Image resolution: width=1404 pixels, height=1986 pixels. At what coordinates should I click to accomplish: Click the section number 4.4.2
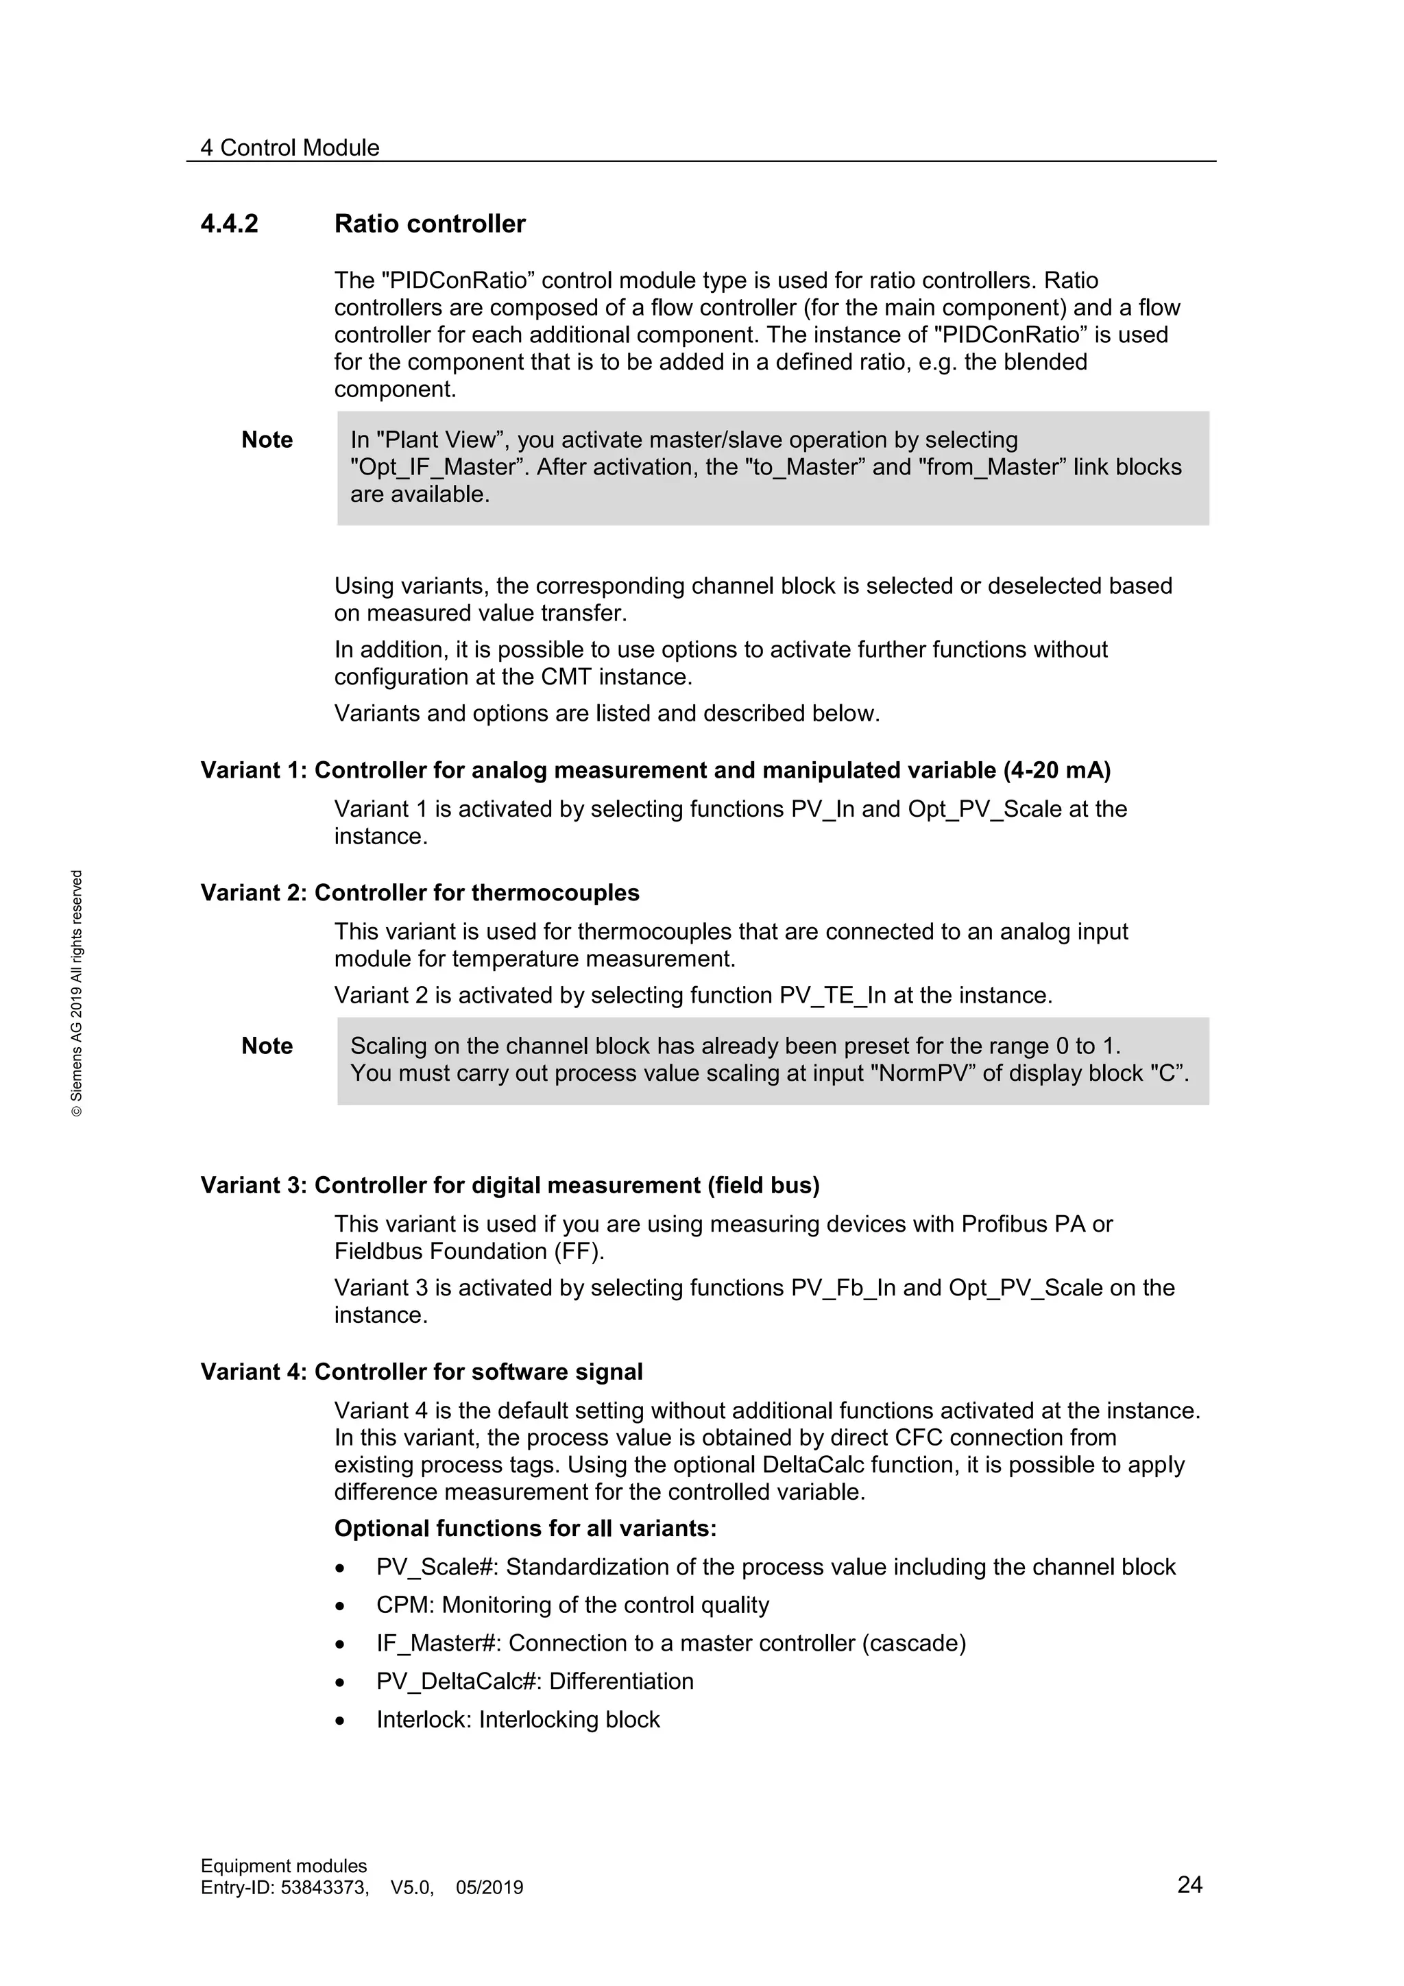pos(229,224)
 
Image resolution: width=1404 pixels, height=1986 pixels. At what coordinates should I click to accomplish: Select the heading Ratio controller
pos(430,224)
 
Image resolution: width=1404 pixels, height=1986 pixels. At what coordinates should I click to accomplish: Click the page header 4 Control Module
pos(289,148)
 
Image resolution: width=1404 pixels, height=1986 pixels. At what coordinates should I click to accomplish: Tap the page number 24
pos(1189,1885)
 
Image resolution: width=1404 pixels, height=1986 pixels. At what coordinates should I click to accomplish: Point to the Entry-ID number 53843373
pos(324,1887)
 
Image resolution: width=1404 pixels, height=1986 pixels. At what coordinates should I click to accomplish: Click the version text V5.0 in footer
pos(411,1887)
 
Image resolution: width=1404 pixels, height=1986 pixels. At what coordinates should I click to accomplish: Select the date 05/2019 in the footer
pos(489,1887)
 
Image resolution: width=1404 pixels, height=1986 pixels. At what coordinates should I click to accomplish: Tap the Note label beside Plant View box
pos(267,440)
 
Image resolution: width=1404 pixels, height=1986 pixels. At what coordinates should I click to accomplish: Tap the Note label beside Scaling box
pos(267,1046)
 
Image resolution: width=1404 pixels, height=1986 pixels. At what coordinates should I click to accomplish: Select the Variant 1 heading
pos(655,771)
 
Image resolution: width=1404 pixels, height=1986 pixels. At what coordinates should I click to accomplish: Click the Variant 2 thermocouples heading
pos(420,894)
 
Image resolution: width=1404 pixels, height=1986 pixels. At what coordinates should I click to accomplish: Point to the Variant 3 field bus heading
pos(510,1186)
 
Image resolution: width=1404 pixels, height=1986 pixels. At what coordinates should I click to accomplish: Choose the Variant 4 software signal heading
pos(422,1373)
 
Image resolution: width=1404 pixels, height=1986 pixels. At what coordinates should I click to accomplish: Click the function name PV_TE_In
pos(832,996)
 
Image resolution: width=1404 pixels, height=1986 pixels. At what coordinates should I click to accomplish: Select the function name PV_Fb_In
pos(843,1288)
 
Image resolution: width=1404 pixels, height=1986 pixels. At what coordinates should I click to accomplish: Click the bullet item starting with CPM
pos(572,1605)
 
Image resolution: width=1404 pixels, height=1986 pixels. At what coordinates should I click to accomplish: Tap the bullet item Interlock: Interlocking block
pos(518,1720)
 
